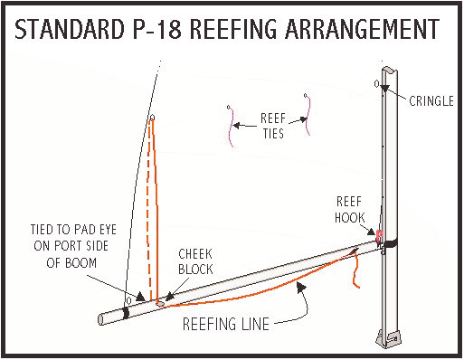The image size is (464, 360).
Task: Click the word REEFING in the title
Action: tap(232, 29)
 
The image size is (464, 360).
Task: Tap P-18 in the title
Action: tap(156, 29)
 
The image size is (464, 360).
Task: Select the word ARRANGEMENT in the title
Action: tap(362, 29)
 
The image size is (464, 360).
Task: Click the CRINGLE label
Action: tap(431, 101)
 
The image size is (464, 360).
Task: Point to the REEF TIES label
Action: tap(273, 126)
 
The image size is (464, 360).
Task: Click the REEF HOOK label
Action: tap(349, 210)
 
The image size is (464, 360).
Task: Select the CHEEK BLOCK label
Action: tap(195, 261)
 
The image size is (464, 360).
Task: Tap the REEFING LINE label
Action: tap(226, 324)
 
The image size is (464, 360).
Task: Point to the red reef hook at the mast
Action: tap(379, 236)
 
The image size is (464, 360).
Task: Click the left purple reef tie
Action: tap(231, 126)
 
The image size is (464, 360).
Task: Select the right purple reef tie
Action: tap(308, 115)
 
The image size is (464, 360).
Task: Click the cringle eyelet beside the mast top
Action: tap(377, 83)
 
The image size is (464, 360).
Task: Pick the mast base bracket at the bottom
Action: tap(389, 338)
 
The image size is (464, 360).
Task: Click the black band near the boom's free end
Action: tap(126, 313)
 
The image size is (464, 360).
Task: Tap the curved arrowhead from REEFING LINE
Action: tap(300, 288)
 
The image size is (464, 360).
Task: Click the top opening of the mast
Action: tap(390, 71)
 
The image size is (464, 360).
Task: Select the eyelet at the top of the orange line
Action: tap(153, 117)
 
